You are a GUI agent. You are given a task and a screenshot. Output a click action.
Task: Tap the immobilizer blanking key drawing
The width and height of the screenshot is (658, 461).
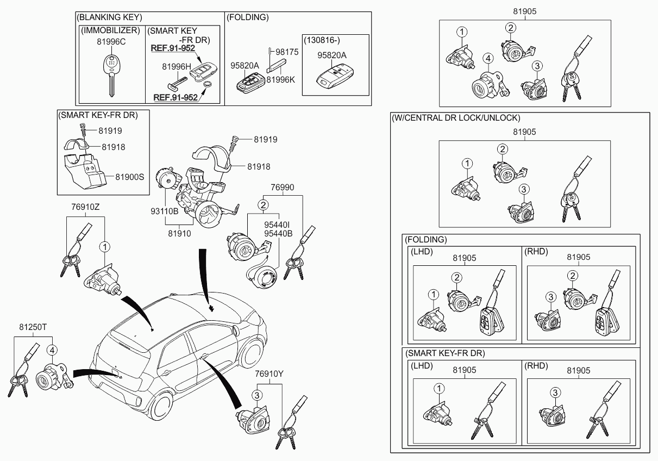tap(110, 73)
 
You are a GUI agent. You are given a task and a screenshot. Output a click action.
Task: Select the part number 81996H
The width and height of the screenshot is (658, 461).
tap(177, 66)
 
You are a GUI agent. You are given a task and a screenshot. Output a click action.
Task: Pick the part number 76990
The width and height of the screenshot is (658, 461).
tap(283, 187)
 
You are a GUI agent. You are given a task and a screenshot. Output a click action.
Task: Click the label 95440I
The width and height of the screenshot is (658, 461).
tap(278, 224)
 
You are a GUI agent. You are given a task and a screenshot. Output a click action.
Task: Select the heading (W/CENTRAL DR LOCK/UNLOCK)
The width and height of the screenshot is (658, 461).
tap(456, 117)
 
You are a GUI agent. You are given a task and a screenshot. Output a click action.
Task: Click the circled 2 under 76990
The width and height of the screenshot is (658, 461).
tap(263, 205)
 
